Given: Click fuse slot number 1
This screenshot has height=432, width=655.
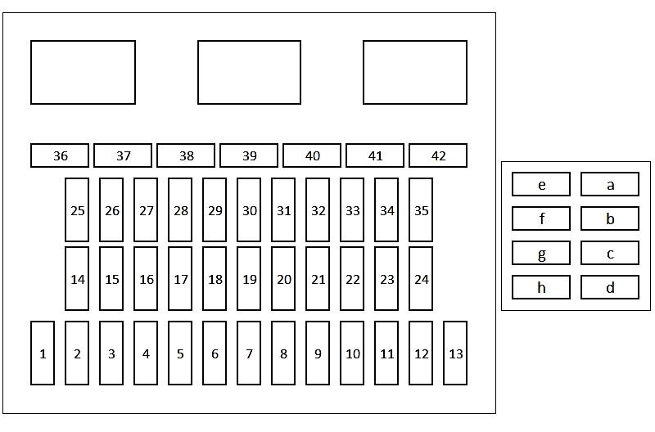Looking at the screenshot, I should click(43, 353).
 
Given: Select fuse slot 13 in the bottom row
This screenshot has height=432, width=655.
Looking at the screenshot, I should click(455, 353).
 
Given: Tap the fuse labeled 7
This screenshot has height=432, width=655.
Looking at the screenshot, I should click(249, 353).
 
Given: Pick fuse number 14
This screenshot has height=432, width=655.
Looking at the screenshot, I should click(77, 279).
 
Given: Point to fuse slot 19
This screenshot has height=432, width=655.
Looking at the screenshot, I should click(249, 279).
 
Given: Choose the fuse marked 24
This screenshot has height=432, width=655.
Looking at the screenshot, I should click(421, 279).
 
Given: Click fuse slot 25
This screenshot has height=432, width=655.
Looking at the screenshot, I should click(77, 210).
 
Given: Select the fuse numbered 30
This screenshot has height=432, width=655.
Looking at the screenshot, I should click(249, 210).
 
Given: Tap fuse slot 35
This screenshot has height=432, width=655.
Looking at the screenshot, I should click(421, 210).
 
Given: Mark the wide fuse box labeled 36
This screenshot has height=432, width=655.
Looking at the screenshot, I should click(60, 155).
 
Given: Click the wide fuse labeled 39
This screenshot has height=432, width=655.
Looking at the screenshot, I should click(249, 155).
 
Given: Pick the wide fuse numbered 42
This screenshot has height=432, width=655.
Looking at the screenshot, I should click(438, 155).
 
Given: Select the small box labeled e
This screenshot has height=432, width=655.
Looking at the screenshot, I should click(541, 184).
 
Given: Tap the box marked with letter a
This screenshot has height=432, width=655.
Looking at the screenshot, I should click(610, 184).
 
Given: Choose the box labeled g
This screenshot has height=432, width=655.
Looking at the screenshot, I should click(541, 253).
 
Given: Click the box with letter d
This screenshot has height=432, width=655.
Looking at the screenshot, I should click(610, 287).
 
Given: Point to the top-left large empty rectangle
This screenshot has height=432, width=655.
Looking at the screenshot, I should click(83, 72).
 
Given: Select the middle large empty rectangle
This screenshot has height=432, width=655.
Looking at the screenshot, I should click(249, 72).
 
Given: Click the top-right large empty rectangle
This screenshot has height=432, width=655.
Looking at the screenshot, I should click(415, 72).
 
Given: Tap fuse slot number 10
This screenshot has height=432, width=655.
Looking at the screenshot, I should click(352, 353).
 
